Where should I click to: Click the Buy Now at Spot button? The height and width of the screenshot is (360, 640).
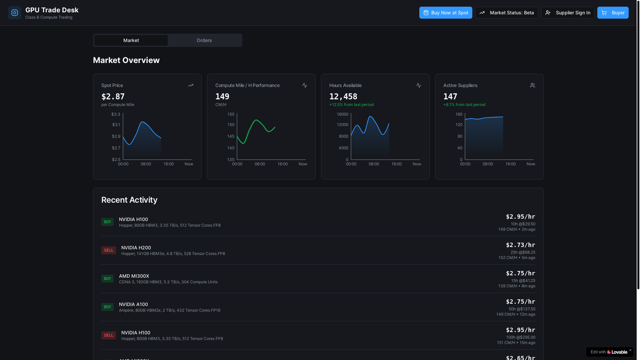pos(446,13)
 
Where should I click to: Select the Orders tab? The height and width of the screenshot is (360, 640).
pos(204,40)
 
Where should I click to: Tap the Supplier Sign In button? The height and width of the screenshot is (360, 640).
pos(568,13)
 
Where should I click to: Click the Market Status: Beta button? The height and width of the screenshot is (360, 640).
pos(506,13)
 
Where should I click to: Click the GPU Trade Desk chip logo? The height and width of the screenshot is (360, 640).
pos(15,13)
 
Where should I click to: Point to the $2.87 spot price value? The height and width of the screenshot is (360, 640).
pos(113,97)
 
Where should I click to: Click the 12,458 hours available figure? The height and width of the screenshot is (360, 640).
pos(343,97)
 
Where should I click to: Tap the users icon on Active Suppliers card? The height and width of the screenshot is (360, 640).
pos(533,85)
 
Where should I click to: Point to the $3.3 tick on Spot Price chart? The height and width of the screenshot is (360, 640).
pos(116,114)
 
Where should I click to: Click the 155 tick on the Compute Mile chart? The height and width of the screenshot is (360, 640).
pos(231,114)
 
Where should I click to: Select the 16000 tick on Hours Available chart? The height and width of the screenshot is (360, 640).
pos(343,114)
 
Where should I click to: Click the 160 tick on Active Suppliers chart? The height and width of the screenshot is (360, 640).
pos(459,114)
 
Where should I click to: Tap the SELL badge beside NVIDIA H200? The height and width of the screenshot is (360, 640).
pos(109,250)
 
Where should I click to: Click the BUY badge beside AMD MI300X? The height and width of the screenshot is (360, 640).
pos(107,279)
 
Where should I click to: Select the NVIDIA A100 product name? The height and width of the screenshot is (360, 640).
pos(133,304)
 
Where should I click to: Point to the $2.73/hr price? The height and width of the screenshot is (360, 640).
pos(520,245)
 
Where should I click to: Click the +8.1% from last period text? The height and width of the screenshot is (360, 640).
pos(464,105)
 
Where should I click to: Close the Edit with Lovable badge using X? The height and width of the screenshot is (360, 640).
pos(630,350)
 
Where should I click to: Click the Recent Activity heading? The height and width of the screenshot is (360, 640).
pos(129,200)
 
